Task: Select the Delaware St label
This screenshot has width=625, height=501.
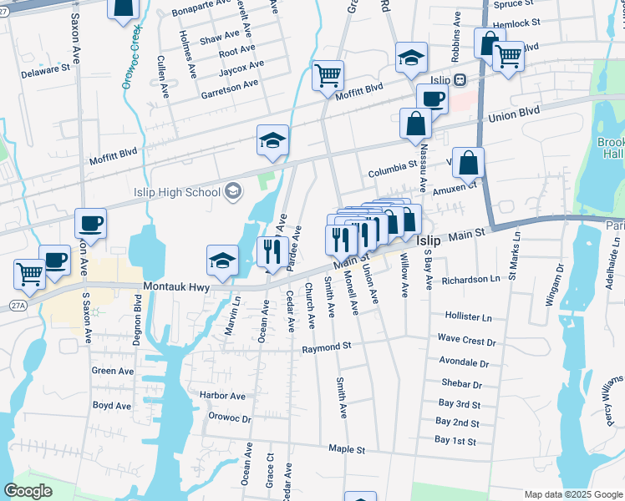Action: point(45,70)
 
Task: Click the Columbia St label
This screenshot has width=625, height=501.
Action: point(392,175)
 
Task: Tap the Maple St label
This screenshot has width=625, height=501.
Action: point(347,449)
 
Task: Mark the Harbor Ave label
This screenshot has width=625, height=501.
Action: point(222,395)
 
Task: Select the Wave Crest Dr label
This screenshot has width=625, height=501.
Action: point(466,342)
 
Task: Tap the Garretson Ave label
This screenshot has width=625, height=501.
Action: point(230,86)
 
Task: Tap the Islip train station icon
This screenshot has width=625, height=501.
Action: point(460,80)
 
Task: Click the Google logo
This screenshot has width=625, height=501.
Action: point(29,491)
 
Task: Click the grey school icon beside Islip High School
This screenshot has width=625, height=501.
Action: point(233,192)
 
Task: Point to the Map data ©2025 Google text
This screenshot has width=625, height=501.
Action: point(572,494)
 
